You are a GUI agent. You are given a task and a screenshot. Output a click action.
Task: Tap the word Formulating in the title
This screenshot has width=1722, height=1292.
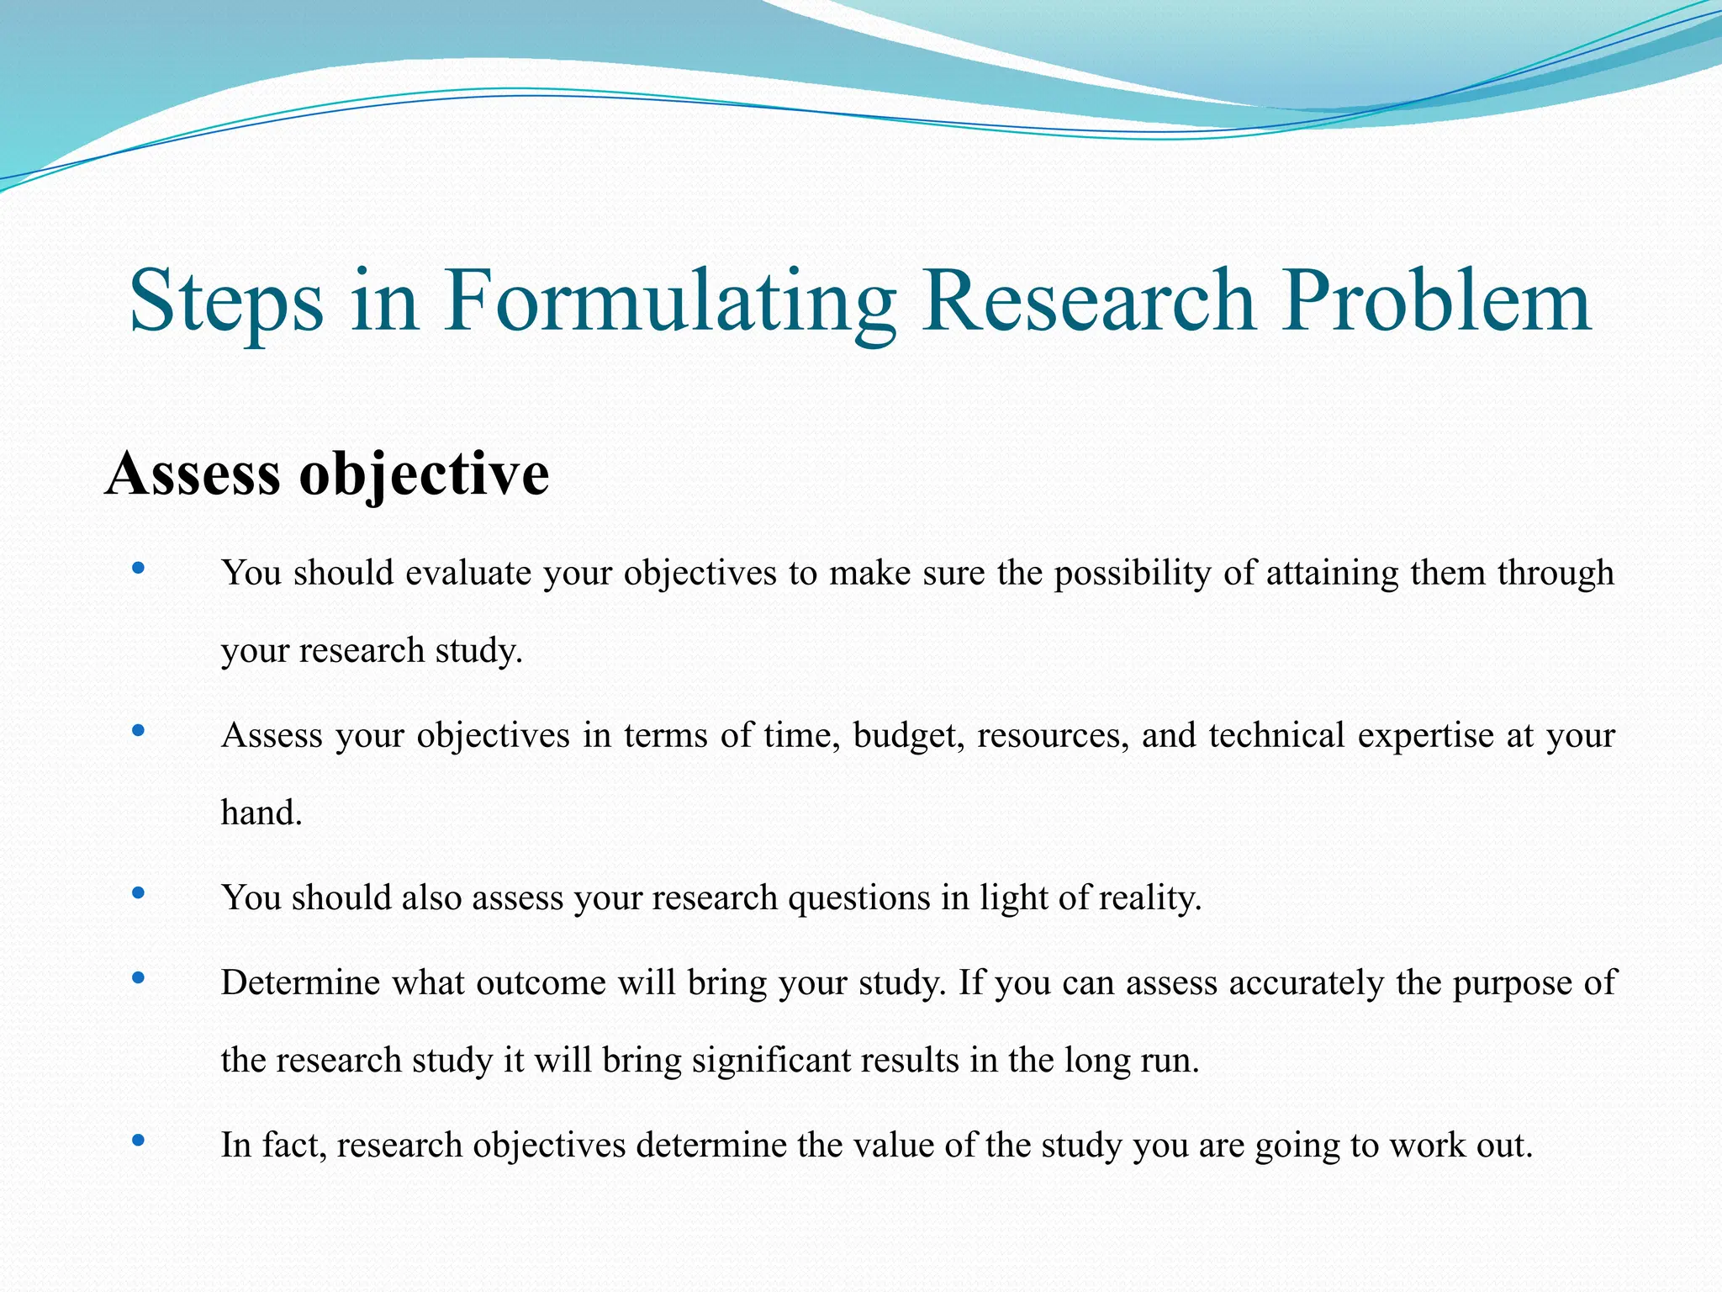tap(669, 301)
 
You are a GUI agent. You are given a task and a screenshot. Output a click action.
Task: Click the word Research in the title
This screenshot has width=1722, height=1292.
tap(1088, 301)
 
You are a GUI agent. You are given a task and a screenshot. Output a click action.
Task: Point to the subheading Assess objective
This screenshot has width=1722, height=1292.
tap(327, 474)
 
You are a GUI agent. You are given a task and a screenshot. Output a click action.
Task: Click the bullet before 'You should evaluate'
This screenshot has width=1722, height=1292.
tap(139, 569)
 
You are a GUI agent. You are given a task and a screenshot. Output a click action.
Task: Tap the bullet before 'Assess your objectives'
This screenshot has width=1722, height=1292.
tap(139, 732)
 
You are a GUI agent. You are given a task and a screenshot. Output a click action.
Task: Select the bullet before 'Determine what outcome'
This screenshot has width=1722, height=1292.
tap(139, 978)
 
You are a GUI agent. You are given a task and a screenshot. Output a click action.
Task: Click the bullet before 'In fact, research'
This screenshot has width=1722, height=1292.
tap(139, 1141)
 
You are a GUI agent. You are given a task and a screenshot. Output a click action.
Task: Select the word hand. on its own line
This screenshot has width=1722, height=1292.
tap(261, 813)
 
